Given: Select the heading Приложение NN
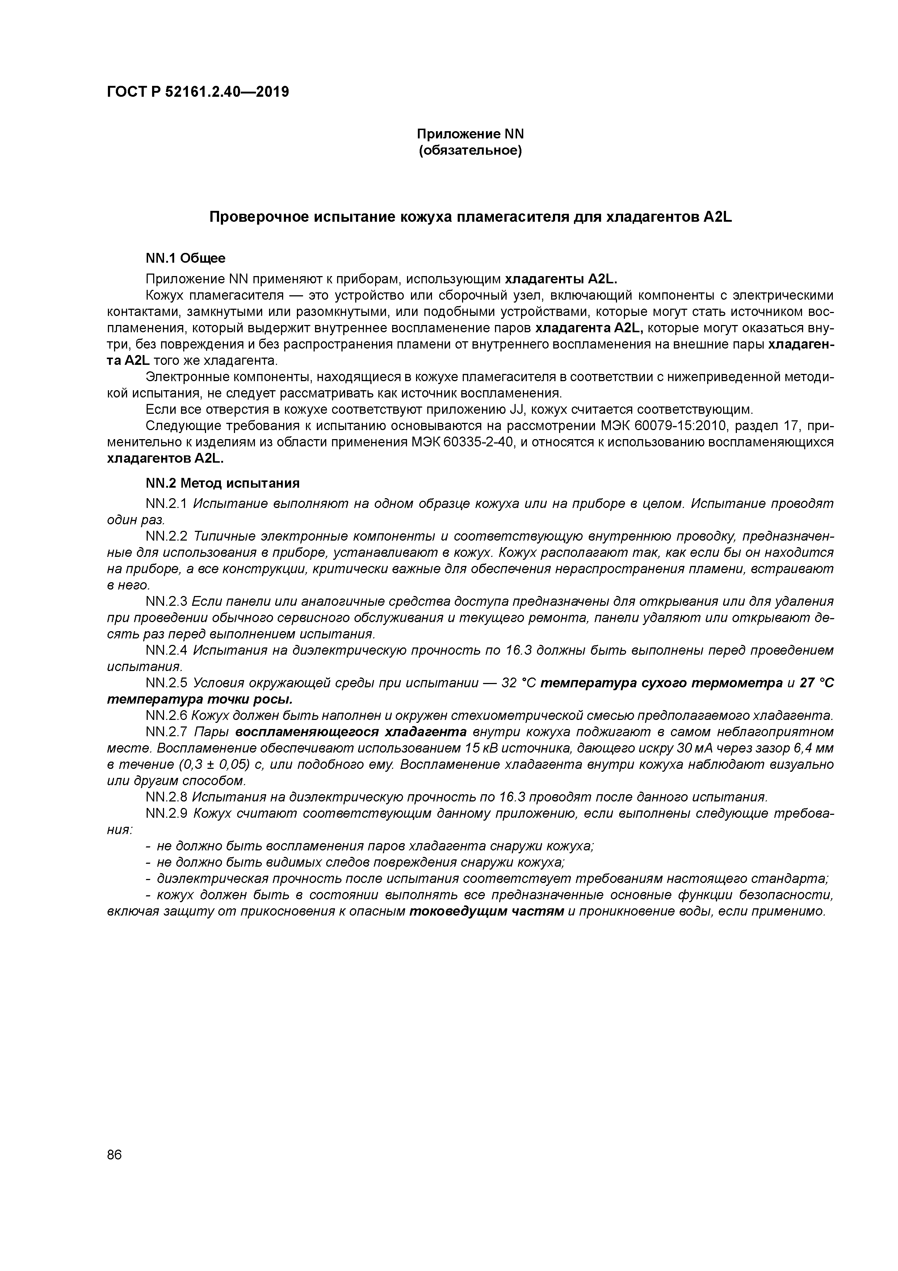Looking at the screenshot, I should point(470,134).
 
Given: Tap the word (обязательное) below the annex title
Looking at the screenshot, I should point(470,151).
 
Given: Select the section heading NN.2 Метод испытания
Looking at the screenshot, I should point(222,483).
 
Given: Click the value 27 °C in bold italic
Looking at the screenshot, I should point(817,683).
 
